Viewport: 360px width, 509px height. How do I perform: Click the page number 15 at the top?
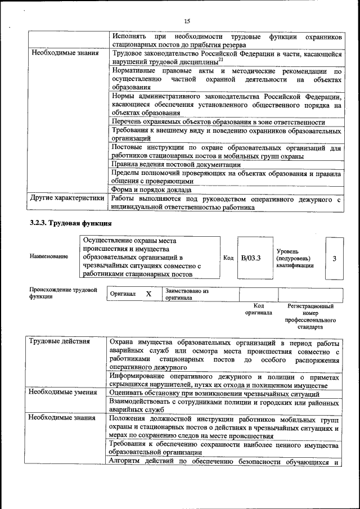(x=187, y=21)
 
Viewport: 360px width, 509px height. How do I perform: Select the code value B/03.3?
(x=251, y=258)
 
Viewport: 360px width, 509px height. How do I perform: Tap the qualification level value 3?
(x=335, y=258)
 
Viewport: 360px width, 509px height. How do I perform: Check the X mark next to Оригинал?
(x=148, y=294)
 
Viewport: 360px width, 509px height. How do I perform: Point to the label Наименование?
(x=49, y=256)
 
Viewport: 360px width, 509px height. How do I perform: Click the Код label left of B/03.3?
(x=228, y=258)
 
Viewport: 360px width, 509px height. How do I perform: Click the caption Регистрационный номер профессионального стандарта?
(x=310, y=316)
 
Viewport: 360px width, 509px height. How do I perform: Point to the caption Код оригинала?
(x=258, y=309)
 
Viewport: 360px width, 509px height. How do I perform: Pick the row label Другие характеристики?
(x=67, y=198)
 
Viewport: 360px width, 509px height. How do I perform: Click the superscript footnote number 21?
(x=221, y=59)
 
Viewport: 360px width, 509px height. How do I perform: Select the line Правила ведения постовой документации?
(x=176, y=165)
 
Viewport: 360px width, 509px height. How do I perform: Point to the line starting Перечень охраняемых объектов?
(x=218, y=122)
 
